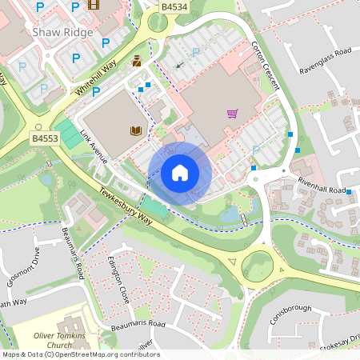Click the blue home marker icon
click(x=180, y=173)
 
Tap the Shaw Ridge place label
click(x=62, y=33)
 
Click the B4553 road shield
click(x=45, y=138)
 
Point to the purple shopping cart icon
click(x=232, y=114)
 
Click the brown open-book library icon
click(x=135, y=130)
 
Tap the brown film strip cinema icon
click(x=94, y=6)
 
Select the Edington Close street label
click(x=119, y=275)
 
